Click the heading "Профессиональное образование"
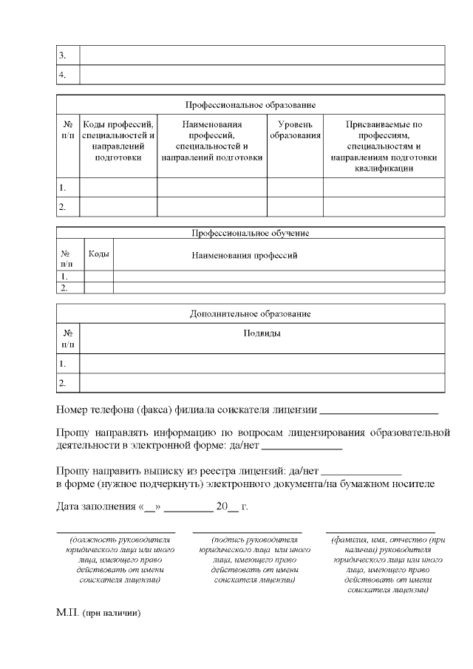(250, 105)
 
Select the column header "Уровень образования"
(295, 130)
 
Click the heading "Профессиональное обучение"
(250, 233)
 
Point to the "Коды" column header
(99, 254)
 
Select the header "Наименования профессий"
(244, 255)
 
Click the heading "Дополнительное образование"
(250, 313)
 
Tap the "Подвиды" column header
(262, 333)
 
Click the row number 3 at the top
(63, 55)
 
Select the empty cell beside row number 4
(262, 75)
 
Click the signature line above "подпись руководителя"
(247, 532)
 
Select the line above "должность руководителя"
(116, 532)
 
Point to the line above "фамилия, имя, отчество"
(380, 532)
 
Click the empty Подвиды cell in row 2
(262, 383)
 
